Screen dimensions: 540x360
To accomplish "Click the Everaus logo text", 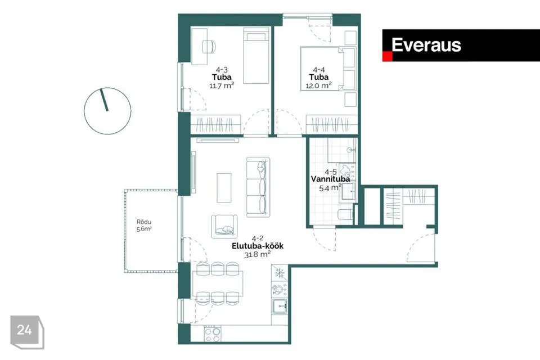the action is click(x=426, y=45).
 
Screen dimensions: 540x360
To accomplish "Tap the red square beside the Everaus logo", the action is click(x=388, y=57).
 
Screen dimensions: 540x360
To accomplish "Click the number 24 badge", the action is click(x=27, y=332).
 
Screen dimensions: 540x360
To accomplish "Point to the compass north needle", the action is click(x=104, y=100).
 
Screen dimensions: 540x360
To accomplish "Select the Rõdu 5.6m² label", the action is click(x=144, y=226).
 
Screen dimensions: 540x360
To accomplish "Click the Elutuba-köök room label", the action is click(x=258, y=246).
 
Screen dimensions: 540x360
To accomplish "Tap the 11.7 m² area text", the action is click(x=222, y=85).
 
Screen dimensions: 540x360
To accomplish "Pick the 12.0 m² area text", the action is click(x=318, y=85).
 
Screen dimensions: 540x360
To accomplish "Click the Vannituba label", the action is click(x=330, y=179).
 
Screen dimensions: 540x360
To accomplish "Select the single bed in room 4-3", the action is click(x=256, y=56).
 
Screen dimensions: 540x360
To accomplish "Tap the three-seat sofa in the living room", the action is click(x=258, y=187).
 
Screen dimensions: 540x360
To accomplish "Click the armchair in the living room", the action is click(x=224, y=226).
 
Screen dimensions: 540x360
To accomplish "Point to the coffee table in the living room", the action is click(x=224, y=188).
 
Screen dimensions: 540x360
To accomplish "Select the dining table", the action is click(x=218, y=283).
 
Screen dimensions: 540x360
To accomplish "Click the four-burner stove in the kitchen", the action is click(x=212, y=334).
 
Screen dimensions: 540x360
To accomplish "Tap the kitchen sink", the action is click(x=280, y=306).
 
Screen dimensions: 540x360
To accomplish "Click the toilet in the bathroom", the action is click(x=345, y=215).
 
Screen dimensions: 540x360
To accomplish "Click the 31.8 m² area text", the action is click(x=258, y=255).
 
